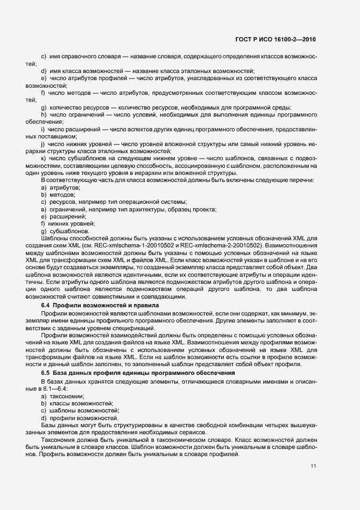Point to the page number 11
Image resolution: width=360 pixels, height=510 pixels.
tap(313, 466)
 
